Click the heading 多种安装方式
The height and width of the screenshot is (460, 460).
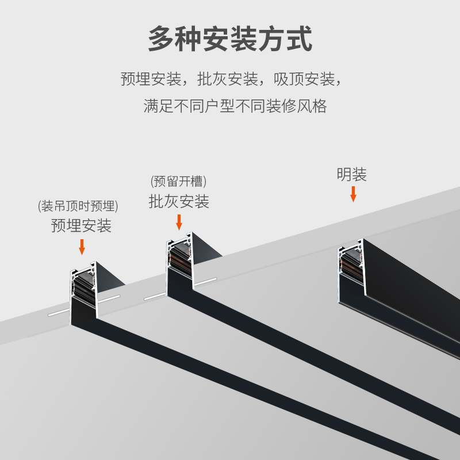(230, 39)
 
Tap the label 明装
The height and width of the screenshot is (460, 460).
(352, 175)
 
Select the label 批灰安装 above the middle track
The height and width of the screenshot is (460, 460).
(179, 201)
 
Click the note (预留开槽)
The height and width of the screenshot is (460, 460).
(178, 182)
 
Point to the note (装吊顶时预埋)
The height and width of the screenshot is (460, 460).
(78, 206)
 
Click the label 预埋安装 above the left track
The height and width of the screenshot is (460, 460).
(81, 225)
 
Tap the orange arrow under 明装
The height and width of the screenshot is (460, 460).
(353, 194)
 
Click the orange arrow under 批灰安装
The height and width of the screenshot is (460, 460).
(179, 221)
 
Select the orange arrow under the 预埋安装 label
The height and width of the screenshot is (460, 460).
(82, 246)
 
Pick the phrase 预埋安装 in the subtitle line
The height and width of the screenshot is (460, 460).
(151, 79)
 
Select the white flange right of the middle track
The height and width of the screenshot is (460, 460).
(205, 282)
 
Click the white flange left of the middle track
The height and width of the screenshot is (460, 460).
(155, 297)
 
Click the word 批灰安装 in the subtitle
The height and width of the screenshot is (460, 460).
(228, 79)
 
